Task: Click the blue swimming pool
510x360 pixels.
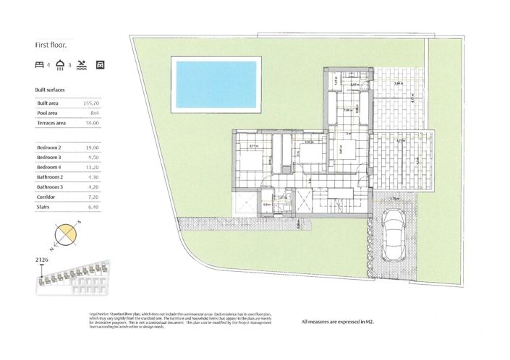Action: (216, 83)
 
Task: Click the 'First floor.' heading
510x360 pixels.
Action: (51, 44)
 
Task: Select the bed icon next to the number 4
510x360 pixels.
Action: (39, 65)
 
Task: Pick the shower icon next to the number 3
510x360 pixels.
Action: (59, 65)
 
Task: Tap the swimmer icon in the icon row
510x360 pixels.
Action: (82, 65)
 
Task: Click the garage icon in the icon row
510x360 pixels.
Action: (101, 65)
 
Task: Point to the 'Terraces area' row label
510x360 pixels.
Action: (51, 124)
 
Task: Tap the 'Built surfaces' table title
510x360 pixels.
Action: (50, 90)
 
